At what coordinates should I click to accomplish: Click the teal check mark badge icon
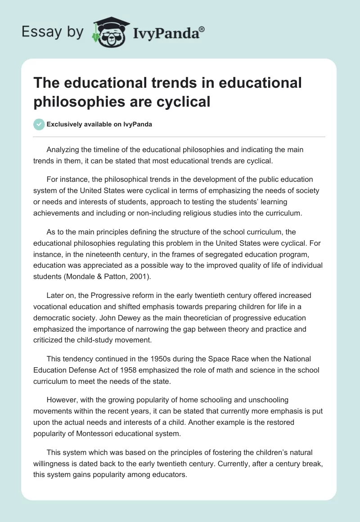pyautogui.click(x=39, y=124)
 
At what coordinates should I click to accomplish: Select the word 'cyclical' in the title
pyautogui.click(x=184, y=101)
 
